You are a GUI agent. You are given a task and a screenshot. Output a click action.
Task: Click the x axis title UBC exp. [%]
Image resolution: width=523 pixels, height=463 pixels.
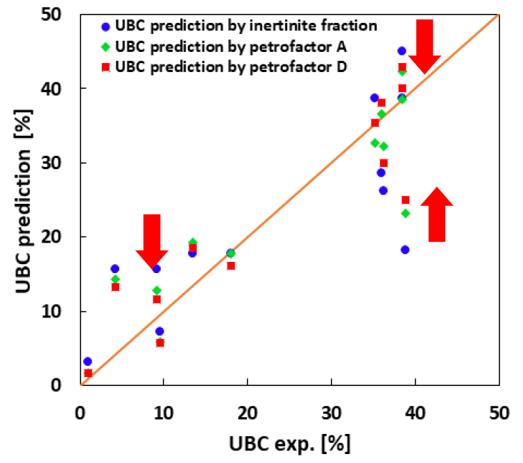point(289,442)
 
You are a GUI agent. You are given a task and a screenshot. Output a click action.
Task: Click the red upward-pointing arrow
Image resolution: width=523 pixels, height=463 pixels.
point(436,215)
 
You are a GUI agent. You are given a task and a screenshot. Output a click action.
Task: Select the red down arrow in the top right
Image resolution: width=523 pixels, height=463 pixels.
point(424,46)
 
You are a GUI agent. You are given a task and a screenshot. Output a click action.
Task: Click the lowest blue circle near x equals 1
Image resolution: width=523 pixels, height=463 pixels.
point(87,361)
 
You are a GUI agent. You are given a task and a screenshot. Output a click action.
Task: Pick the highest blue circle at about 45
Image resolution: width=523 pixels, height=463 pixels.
point(401,51)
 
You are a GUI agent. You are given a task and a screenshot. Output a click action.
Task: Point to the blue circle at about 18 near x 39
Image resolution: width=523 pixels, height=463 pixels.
point(405,250)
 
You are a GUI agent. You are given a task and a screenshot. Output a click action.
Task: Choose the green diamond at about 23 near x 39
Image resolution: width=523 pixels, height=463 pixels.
point(405,213)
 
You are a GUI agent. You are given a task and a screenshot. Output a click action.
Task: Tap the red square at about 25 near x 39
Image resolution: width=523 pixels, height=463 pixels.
point(405,200)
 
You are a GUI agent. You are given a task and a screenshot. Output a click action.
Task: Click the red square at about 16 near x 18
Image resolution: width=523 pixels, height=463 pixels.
point(231,265)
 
